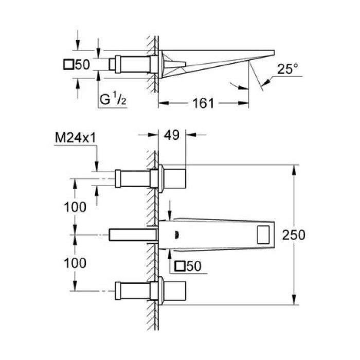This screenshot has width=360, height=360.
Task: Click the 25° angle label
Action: [287, 69]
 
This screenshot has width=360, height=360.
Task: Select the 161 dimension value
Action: [204, 103]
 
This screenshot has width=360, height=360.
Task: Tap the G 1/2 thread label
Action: [113, 100]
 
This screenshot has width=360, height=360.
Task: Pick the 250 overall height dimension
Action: [294, 235]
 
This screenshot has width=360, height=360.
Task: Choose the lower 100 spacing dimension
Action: [75, 262]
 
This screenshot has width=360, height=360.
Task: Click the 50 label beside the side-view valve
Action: [82, 65]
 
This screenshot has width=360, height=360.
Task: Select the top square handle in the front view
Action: [174, 178]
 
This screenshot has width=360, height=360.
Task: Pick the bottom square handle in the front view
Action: [174, 291]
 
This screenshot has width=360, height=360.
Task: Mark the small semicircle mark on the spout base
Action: [177, 235]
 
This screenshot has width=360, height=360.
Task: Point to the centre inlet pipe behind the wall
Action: [131, 235]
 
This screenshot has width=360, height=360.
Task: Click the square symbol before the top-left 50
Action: [68, 65]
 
